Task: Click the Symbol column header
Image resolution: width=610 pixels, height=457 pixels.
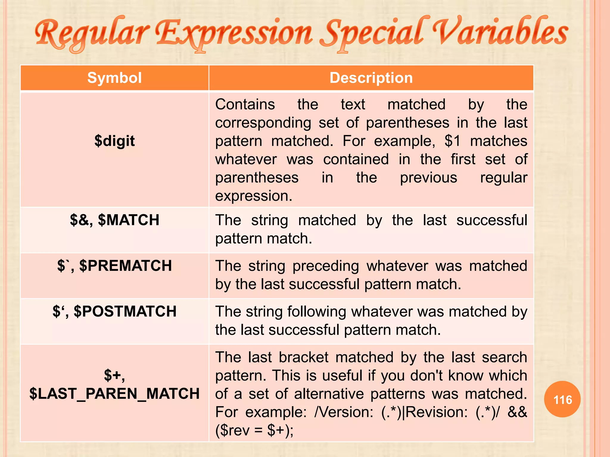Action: click(114, 78)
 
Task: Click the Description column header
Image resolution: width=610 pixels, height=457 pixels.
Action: click(371, 78)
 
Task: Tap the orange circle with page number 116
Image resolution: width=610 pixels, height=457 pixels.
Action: click(562, 399)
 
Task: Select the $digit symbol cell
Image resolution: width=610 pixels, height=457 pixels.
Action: click(115, 141)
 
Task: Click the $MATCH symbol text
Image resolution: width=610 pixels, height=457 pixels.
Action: click(129, 220)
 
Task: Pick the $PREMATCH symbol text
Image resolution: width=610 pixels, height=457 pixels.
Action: click(126, 266)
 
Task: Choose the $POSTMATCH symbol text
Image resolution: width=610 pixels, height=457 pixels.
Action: click(125, 312)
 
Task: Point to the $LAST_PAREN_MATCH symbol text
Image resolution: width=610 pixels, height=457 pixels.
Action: click(115, 394)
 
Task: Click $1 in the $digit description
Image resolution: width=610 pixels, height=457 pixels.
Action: click(452, 141)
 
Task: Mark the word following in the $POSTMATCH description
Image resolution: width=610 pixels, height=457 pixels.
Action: click(317, 312)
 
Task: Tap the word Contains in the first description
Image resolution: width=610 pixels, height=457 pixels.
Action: click(245, 104)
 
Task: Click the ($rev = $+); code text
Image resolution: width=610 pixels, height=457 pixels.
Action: click(254, 431)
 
